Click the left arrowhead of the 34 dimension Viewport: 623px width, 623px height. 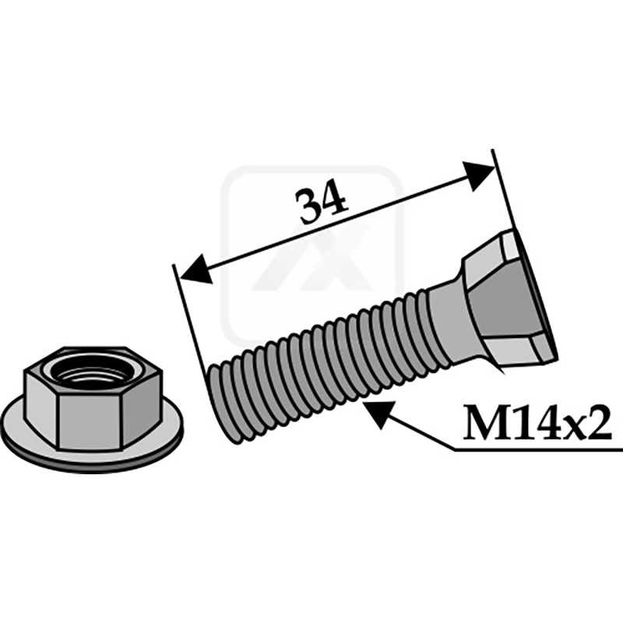pos(195,268)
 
